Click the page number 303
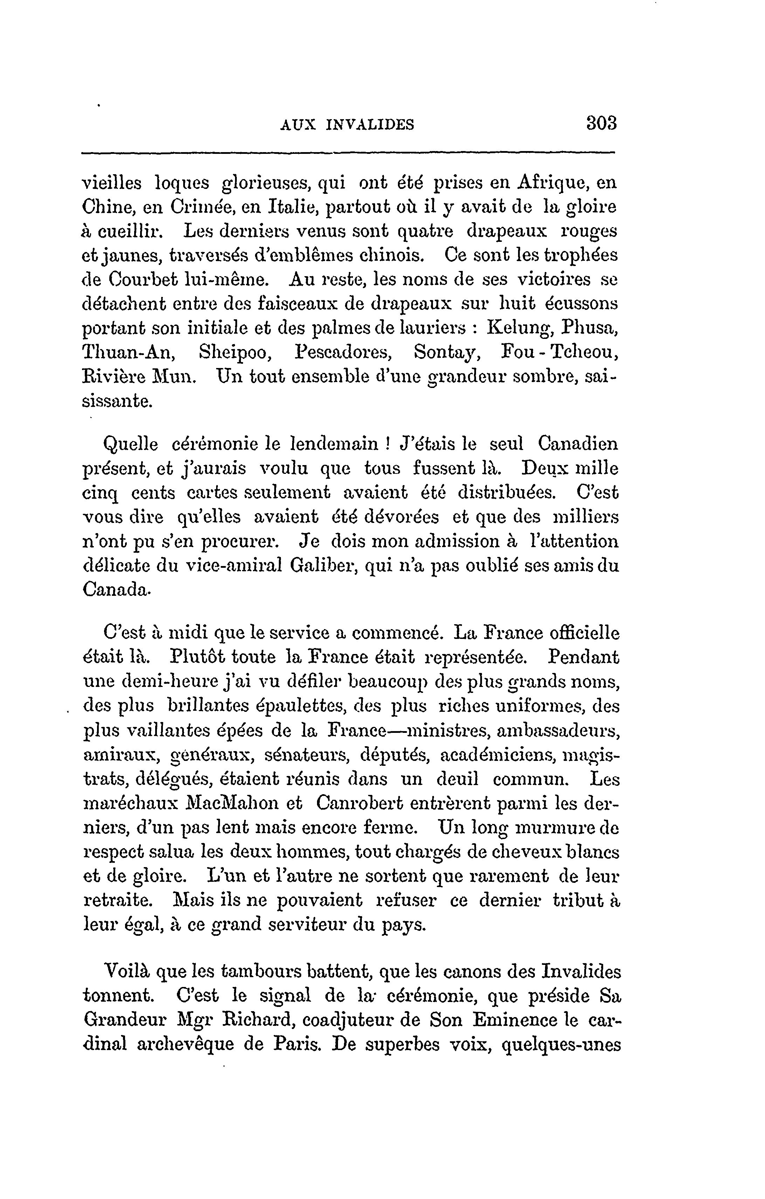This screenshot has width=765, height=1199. point(601,123)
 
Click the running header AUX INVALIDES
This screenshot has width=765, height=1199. point(347,124)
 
